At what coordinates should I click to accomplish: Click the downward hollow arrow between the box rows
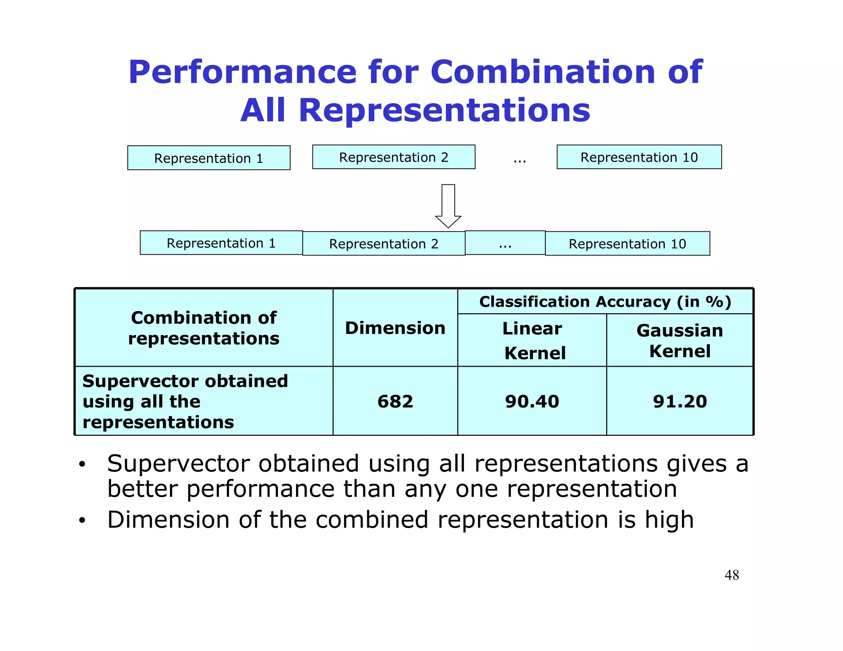coord(448,206)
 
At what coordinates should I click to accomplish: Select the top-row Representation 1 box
coord(209,158)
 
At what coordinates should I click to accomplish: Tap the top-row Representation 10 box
coord(639,157)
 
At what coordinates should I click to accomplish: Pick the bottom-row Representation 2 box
coord(384,244)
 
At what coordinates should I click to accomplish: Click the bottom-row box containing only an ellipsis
coord(505,243)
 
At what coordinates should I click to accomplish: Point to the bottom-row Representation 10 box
coord(627,244)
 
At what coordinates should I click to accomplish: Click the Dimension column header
coord(395,328)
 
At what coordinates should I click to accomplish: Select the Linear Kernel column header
coord(532,340)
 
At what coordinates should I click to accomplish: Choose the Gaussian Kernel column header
coord(680,340)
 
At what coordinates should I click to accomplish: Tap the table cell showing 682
coord(395,401)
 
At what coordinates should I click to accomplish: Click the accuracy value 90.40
coord(532,401)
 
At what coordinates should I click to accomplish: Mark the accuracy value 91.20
coord(680,401)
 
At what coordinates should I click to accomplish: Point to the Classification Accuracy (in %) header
coord(605,302)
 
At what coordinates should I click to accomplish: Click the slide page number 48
coord(731,575)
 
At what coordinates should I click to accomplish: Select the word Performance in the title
coord(242,72)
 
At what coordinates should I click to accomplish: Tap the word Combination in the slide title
coord(543,72)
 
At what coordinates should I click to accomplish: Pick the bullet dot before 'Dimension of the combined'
coord(82,521)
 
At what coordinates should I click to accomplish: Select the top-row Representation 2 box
coord(394,157)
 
